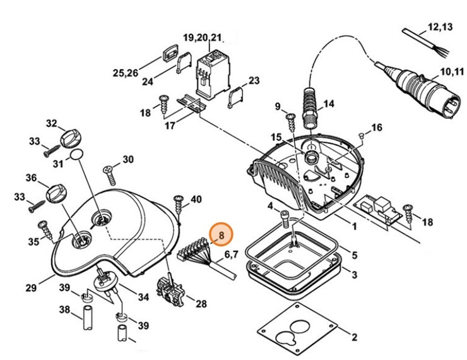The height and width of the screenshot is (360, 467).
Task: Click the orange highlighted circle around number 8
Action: [x=222, y=236]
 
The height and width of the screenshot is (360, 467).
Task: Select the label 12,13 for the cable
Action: [x=440, y=27]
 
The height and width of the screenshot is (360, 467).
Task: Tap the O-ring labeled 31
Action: [x=78, y=155]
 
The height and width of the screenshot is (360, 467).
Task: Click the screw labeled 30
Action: [x=108, y=169]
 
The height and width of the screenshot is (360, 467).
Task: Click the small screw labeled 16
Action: [x=362, y=135]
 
